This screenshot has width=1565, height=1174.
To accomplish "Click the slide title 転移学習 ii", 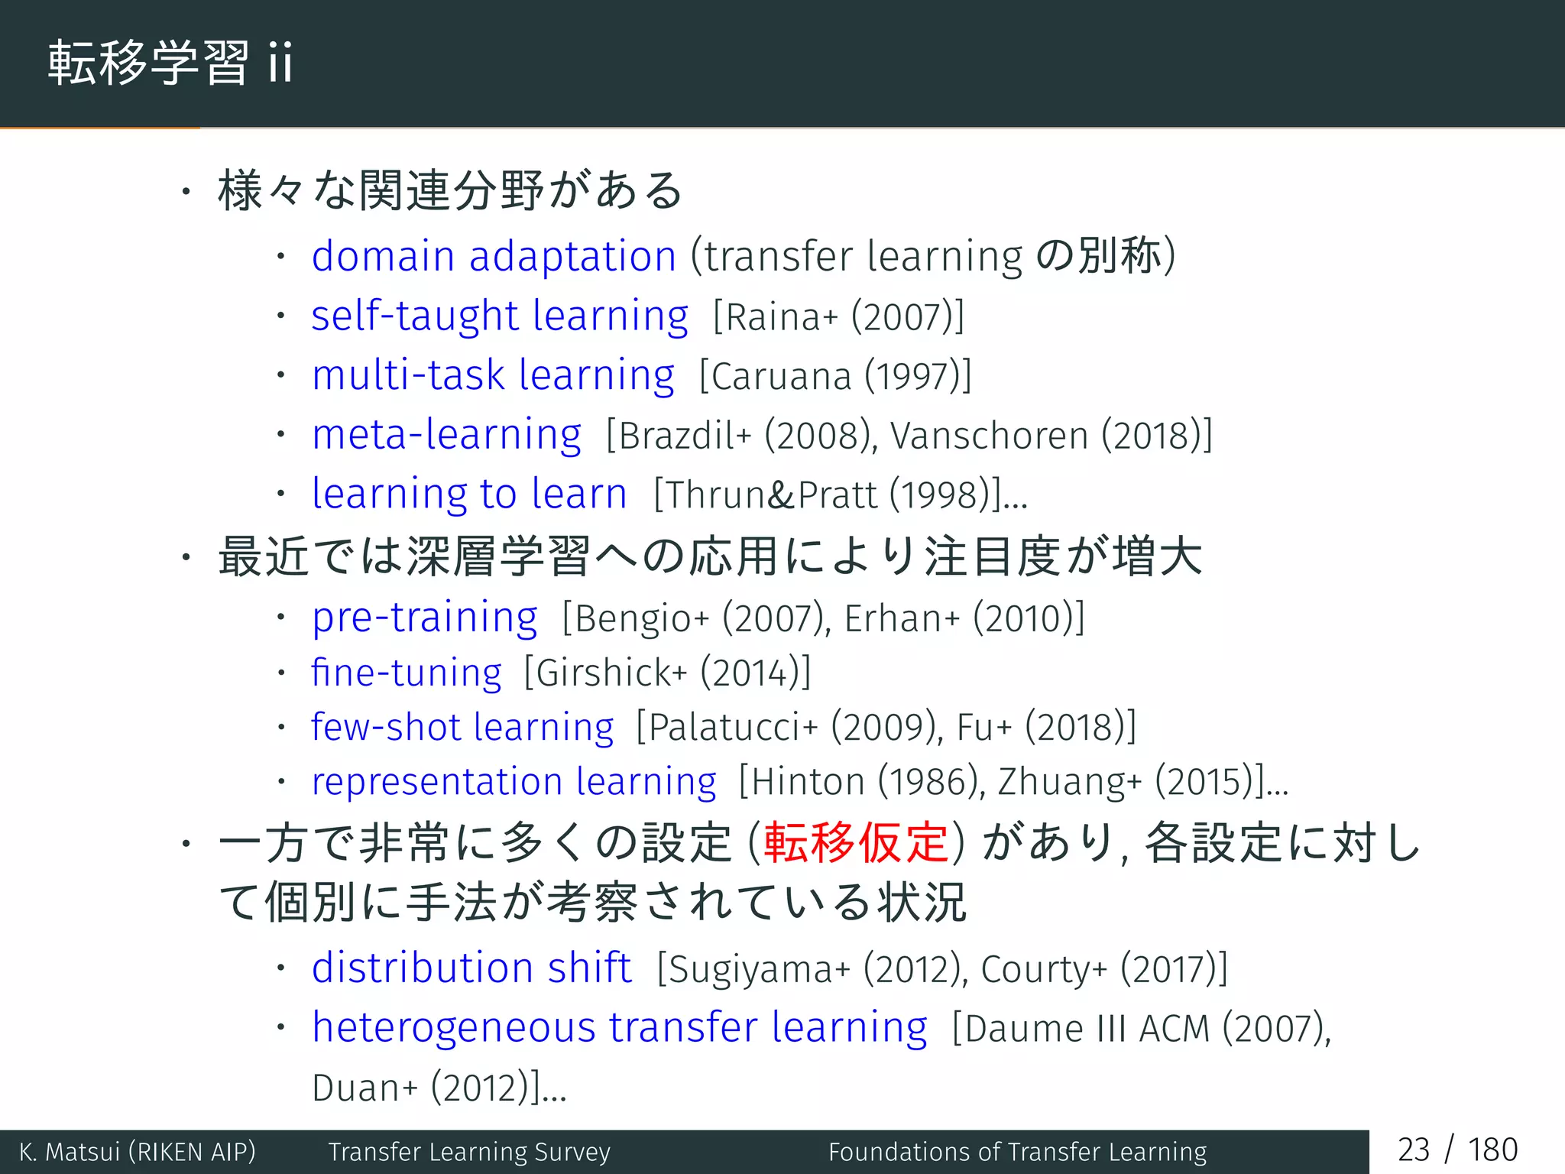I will point(170,63).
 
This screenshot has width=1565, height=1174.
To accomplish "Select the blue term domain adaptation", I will point(494,256).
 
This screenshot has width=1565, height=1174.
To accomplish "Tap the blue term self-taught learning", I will point(500,316).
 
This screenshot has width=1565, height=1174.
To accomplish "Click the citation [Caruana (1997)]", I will point(835,376).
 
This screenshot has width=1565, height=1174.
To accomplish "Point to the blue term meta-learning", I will point(446,435).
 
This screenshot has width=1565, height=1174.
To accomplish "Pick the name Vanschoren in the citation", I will point(989,436).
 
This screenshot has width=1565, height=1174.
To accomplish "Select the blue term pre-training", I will point(424,618).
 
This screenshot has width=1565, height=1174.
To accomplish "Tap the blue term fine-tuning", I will point(406,673).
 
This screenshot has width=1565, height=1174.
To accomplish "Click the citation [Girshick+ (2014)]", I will point(667,673).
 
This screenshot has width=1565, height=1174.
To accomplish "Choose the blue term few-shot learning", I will point(462,727).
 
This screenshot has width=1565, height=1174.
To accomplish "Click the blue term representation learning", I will point(514,782).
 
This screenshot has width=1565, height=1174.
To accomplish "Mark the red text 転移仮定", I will point(856,843).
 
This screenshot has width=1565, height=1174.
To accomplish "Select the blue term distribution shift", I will point(471,968).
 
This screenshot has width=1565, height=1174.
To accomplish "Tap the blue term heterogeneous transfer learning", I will point(619,1027).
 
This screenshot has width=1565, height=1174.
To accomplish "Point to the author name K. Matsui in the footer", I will point(70,1152).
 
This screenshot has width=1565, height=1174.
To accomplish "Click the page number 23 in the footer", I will point(1413,1150).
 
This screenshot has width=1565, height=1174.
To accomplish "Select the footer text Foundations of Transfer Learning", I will point(1017,1152).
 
